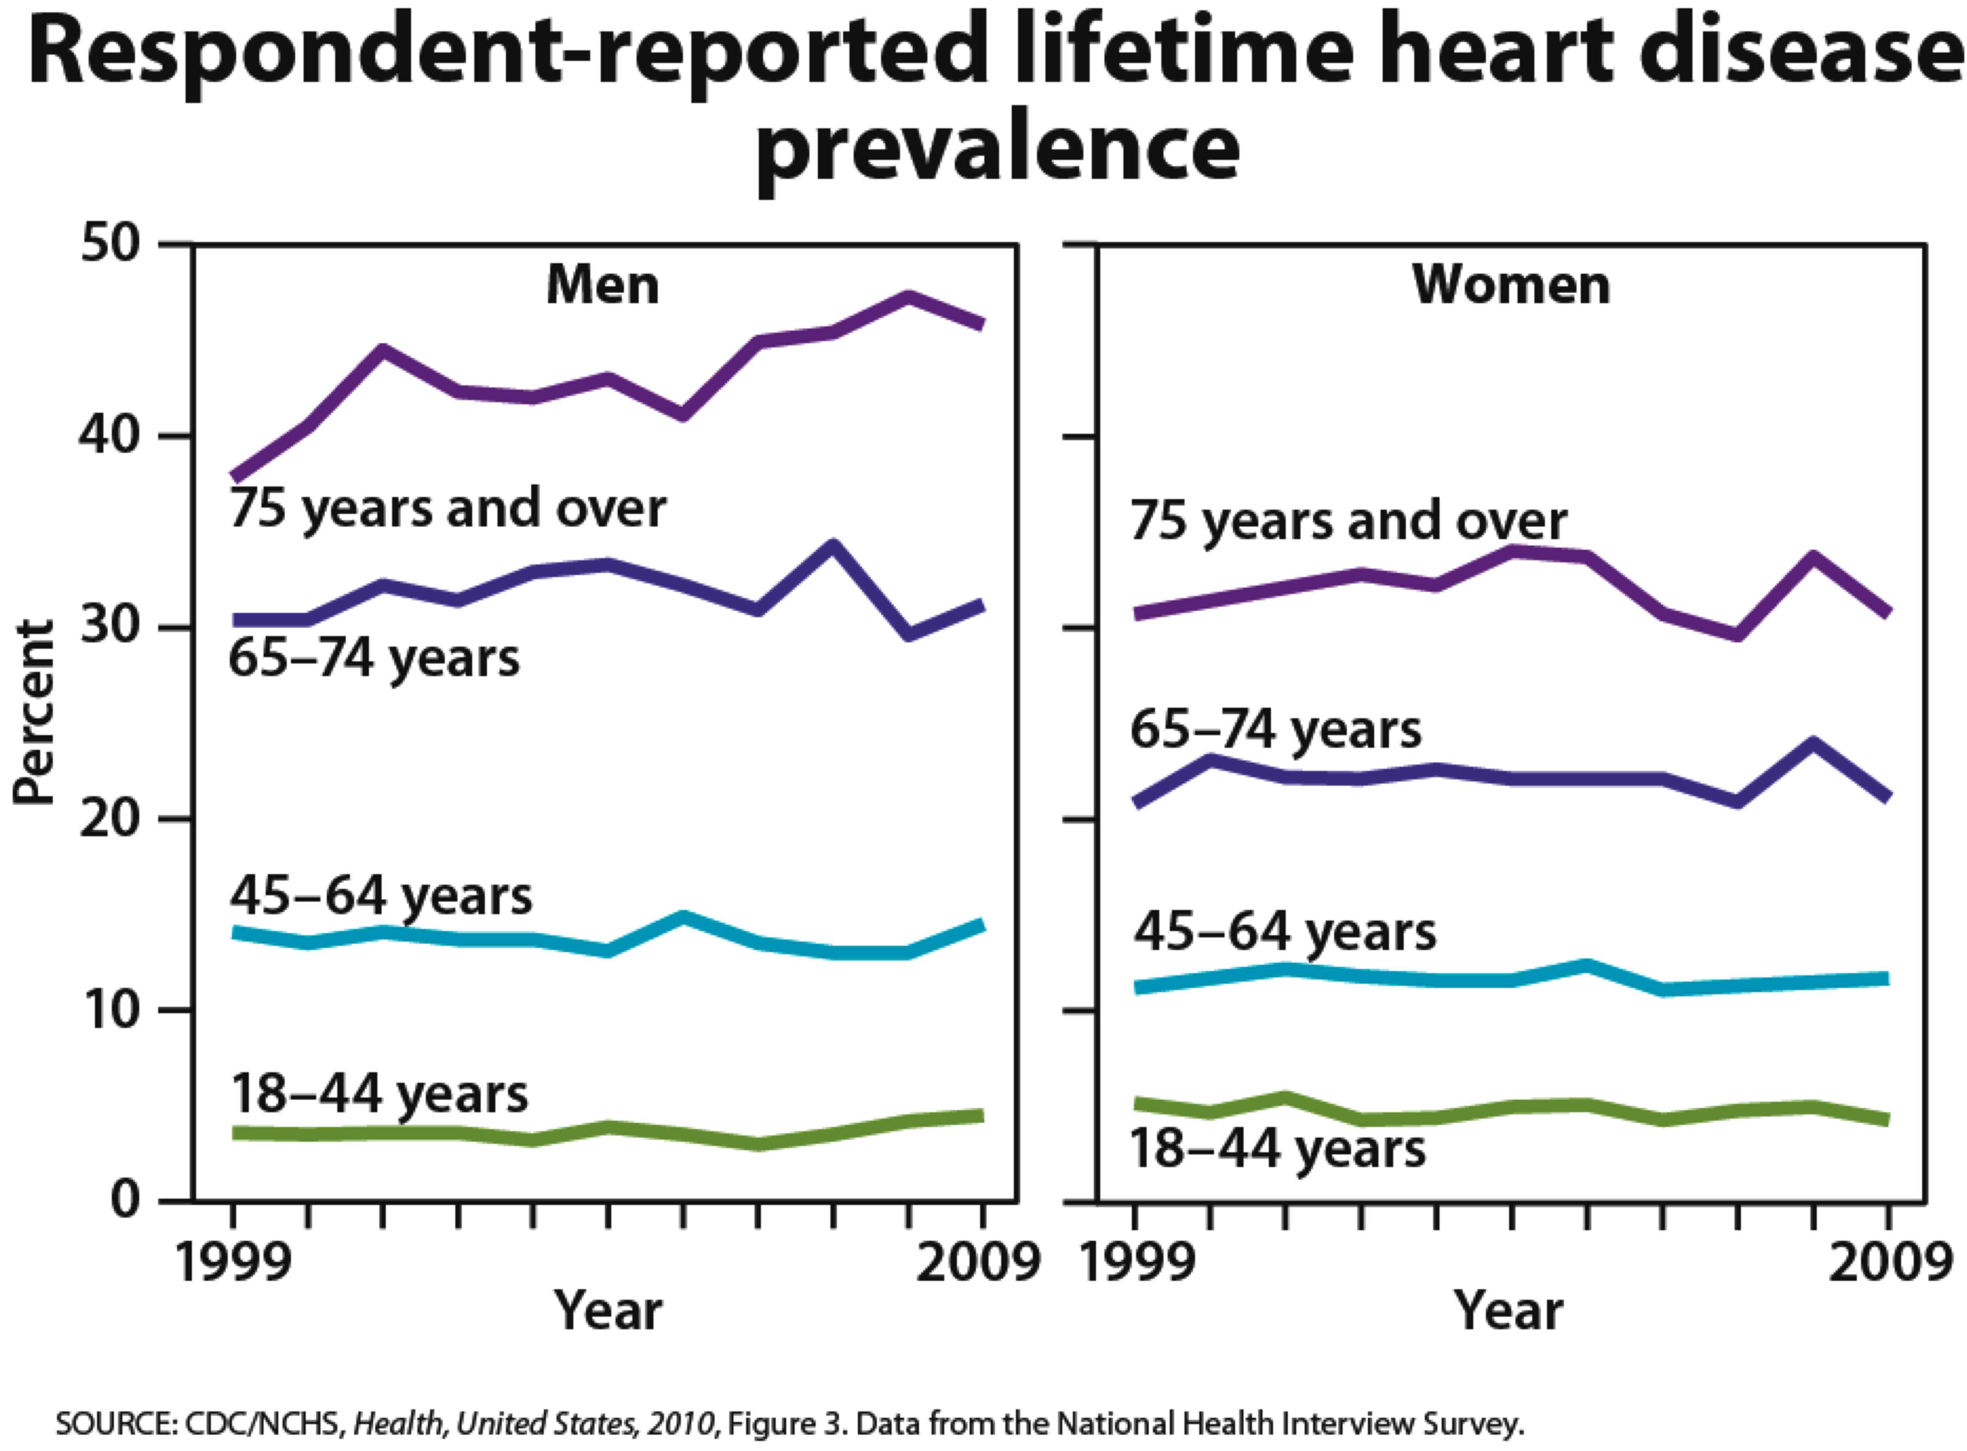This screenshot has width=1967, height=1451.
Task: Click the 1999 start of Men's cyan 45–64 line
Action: (x=234, y=932)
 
